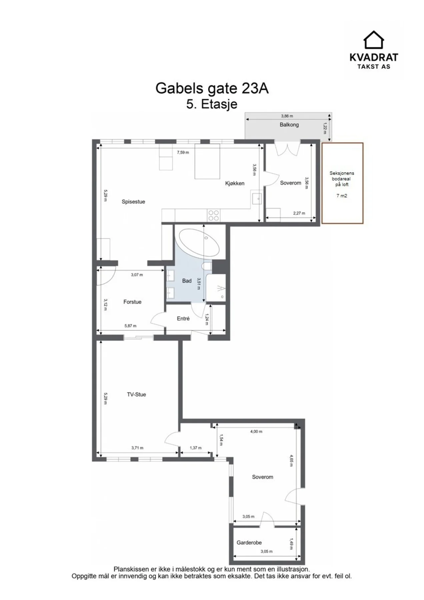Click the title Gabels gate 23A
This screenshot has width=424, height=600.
click(x=212, y=88)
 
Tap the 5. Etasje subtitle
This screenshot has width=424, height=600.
click(x=212, y=104)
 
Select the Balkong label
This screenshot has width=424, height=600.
click(x=289, y=125)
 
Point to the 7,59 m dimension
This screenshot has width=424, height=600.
click(x=183, y=152)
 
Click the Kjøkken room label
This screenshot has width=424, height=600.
click(x=235, y=183)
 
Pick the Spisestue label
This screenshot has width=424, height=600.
click(x=133, y=202)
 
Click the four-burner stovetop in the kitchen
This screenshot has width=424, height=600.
click(x=213, y=215)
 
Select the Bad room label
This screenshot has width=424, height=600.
click(x=187, y=281)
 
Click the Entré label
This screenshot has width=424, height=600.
click(x=183, y=319)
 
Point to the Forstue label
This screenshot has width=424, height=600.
click(x=132, y=302)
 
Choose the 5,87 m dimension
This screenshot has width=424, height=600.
click(x=130, y=326)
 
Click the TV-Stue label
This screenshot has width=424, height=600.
click(x=136, y=394)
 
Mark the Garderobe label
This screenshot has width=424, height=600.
click(x=249, y=543)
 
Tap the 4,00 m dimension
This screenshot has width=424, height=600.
click(x=256, y=431)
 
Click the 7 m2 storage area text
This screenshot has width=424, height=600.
click(x=342, y=196)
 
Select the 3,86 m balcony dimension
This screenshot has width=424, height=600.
click(x=287, y=116)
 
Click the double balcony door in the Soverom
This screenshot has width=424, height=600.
click(x=287, y=149)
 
